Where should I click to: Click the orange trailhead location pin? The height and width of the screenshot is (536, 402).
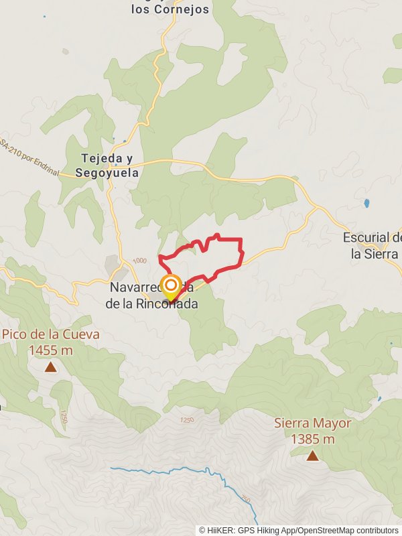click(170, 287)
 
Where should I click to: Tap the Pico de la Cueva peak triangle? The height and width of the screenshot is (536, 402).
click(51, 366)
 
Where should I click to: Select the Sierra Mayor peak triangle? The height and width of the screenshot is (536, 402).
click(312, 456)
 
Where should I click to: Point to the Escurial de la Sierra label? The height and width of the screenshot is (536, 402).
click(372, 246)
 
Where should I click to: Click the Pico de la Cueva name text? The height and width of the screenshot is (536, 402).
click(51, 334)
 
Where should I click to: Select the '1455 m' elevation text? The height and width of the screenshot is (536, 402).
click(51, 349)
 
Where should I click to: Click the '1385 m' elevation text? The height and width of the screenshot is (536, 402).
click(312, 439)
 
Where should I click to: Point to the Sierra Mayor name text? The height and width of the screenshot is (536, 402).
click(312, 423)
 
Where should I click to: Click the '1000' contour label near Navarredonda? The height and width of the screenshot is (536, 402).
click(139, 261)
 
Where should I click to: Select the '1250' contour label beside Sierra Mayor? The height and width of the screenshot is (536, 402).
click(187, 420)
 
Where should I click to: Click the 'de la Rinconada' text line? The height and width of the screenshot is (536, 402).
click(151, 304)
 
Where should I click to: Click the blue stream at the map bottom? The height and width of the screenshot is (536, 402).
click(201, 472)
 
